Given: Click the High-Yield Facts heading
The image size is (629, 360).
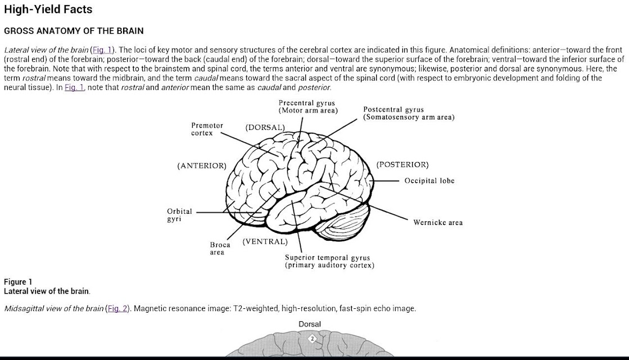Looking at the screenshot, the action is [48, 9].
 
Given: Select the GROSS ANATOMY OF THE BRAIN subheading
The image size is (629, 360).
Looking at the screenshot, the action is [74, 31].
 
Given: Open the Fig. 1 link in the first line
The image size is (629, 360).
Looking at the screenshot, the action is [102, 50].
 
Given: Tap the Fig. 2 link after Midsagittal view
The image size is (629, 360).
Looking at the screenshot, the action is [117, 309].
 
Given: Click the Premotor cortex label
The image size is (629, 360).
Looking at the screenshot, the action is [207, 129].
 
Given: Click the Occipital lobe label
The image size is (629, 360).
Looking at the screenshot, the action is [429, 181].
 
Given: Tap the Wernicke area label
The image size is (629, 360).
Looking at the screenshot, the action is [438, 222].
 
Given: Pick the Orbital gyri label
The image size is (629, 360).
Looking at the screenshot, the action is [179, 215].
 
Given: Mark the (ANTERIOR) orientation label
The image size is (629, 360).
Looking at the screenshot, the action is [202, 166].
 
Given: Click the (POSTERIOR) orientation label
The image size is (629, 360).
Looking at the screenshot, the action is [402, 165].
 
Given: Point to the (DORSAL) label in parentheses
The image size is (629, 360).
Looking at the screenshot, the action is [265, 128].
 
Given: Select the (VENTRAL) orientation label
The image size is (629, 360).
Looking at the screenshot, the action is [265, 242].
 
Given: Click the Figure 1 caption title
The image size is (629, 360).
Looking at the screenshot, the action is [18, 282].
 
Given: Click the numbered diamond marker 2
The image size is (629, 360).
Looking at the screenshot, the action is [312, 339].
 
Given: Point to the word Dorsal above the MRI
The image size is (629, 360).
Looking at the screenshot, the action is [310, 324].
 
